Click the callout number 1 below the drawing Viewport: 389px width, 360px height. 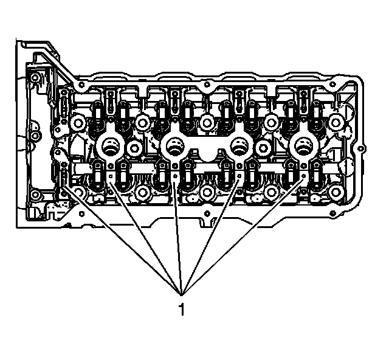[x=182, y=309]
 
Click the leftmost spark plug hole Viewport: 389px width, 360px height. [x=109, y=147]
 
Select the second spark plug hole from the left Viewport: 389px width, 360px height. [x=174, y=147]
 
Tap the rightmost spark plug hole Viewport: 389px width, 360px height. [x=303, y=147]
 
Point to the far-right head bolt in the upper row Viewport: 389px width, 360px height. [x=336, y=123]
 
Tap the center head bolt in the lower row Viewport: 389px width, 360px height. [x=207, y=192]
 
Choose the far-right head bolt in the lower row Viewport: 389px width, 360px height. [x=336, y=192]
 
